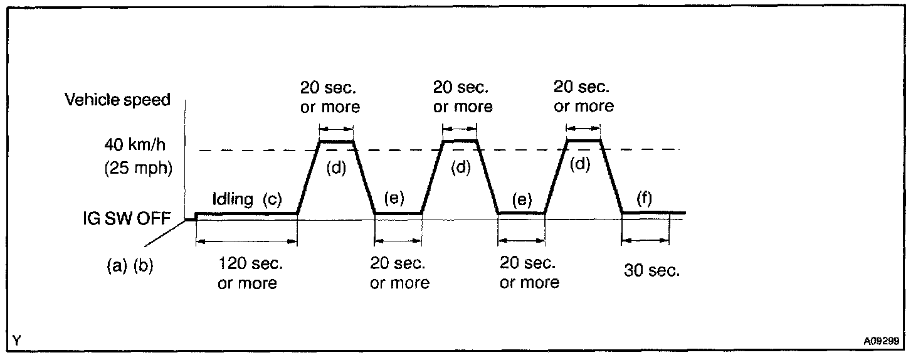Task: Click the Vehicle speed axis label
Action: point(118,100)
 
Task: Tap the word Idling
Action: point(233,199)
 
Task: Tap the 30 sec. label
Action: point(651,272)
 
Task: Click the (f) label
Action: point(643,199)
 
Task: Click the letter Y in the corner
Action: point(16,341)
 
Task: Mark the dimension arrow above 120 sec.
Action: point(246,242)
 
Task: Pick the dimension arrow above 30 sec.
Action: point(645,240)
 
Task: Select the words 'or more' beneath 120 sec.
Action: point(247,283)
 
